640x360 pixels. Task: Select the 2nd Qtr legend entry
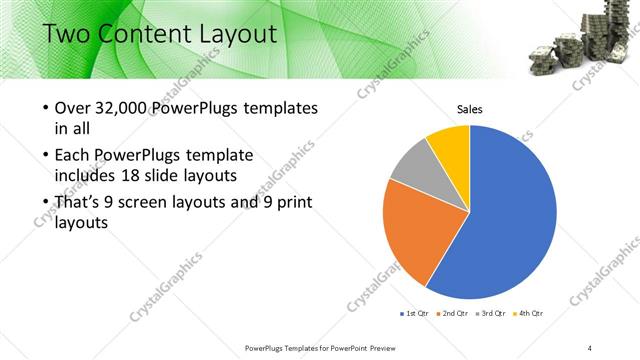[x=452, y=313]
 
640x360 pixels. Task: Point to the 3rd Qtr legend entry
[x=491, y=313]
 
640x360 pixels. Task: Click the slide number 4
[x=590, y=347]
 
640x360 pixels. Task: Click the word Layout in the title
[x=229, y=35]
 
